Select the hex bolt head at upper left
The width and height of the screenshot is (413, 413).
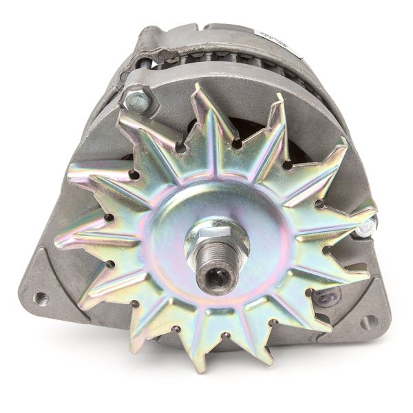138,102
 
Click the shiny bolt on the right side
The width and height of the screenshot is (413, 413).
367,226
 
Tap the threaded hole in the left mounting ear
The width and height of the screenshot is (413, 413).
41,297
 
